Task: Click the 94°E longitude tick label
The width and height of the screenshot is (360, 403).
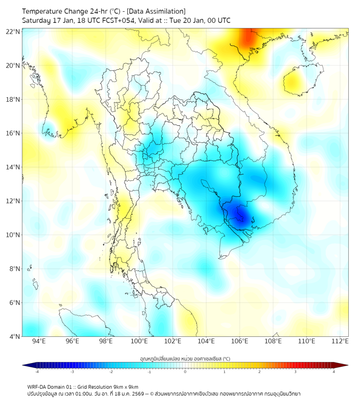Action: (39, 342)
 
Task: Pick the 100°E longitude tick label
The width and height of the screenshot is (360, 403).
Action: (139, 342)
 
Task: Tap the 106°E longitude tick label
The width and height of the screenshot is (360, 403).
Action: (240, 342)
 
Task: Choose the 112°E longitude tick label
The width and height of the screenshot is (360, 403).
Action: (340, 342)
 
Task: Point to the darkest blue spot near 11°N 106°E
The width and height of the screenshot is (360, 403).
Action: (241, 215)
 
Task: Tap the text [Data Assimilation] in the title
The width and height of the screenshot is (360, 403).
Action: (156, 11)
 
